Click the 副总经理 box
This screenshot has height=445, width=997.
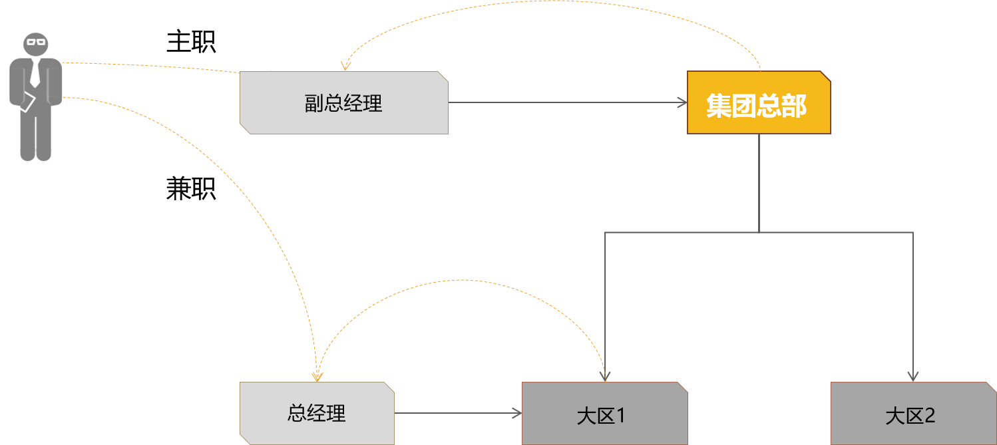343,103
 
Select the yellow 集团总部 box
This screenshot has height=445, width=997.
759,103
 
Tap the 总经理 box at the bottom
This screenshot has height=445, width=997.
317,413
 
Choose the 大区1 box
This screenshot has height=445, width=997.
604,414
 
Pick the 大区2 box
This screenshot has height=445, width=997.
912,414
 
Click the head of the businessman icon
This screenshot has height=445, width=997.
36,45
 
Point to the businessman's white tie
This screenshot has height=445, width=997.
35,74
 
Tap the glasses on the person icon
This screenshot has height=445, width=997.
36,42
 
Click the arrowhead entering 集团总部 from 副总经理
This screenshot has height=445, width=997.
682,102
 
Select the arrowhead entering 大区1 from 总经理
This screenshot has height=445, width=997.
516,413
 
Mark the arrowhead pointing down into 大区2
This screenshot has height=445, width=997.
912,376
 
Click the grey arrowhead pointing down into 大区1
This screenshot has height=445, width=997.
605,376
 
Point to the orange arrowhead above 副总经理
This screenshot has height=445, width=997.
345,66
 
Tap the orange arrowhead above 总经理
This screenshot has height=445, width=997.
317,376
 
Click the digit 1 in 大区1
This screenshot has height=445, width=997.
620,416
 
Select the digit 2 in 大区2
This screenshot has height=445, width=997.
930,416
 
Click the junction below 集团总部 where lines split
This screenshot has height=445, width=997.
759,232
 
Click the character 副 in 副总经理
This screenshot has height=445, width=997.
313,104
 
